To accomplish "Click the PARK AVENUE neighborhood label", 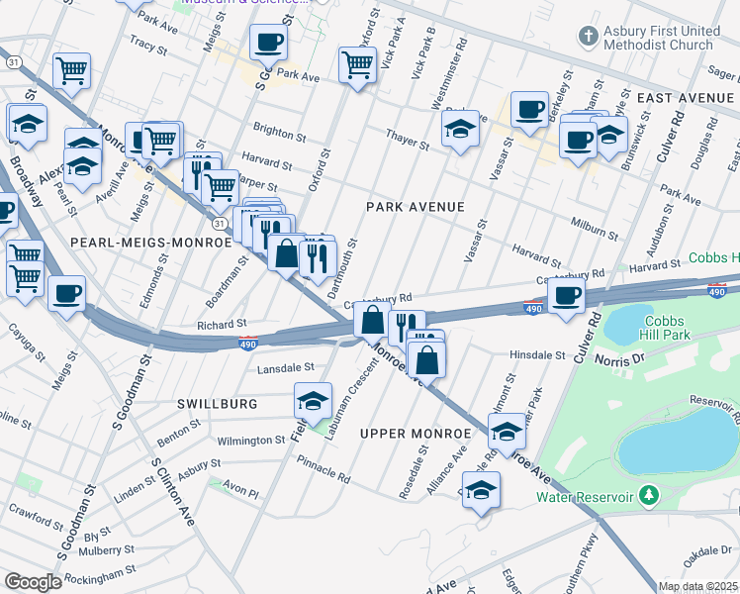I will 415,207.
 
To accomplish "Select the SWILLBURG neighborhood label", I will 218,404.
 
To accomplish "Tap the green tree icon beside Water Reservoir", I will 648,493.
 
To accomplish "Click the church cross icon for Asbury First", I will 589,38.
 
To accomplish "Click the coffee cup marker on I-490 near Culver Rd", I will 566,294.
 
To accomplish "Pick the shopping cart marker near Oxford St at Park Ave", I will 357,65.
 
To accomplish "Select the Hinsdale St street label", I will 537,354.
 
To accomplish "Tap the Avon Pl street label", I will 240,490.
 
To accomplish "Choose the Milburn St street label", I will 594,236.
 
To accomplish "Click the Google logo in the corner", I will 33,582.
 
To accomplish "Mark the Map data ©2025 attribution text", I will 698,587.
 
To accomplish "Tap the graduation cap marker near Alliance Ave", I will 482,491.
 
